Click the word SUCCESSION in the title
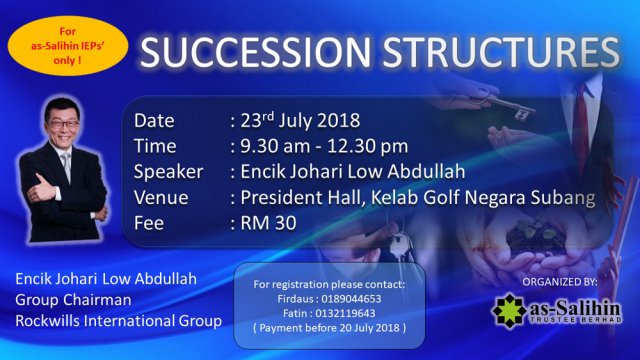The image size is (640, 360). tap(255, 52)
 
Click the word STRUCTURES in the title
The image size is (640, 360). tap(502, 52)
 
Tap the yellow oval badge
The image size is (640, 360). tap(68, 46)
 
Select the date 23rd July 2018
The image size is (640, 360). tap(300, 120)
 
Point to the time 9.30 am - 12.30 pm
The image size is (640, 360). tap(324, 146)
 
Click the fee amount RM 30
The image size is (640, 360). tap(268, 223)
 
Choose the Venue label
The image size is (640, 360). tap(161, 198)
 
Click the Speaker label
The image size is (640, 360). tap(168, 172)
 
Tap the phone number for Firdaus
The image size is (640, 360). tap(351, 299)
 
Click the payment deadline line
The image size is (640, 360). tap(329, 328)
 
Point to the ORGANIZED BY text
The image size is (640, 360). tap(560, 282)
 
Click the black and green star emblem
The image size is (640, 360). tap(509, 311)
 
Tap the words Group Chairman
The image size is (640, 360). tap(73, 300)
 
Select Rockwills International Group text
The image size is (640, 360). tap(119, 321)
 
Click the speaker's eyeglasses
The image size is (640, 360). tap(62, 124)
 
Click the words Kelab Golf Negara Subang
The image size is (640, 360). tap(483, 198)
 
